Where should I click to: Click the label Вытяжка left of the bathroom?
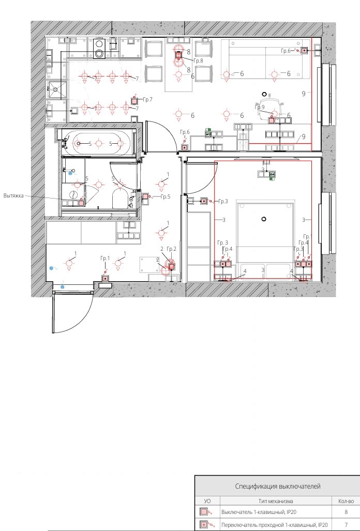[x=13, y=196]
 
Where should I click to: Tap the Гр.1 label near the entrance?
[x=105, y=259]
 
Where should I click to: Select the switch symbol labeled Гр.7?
[x=134, y=101]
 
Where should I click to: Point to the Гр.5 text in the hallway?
[x=166, y=197]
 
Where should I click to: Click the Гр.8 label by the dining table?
[x=198, y=60]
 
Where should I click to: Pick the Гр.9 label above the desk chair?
[x=260, y=108]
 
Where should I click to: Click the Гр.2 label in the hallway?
[x=172, y=249]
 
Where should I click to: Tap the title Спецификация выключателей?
[x=278, y=487]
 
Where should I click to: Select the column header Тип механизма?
[x=276, y=501]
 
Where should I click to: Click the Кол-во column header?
[x=346, y=501]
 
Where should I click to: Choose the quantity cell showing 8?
[x=346, y=512]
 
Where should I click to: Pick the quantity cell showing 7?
[x=346, y=525]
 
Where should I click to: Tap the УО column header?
[x=207, y=501]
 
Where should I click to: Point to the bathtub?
[x=99, y=144]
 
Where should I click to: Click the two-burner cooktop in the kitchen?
[x=99, y=49]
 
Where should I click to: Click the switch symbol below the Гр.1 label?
[x=106, y=278]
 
